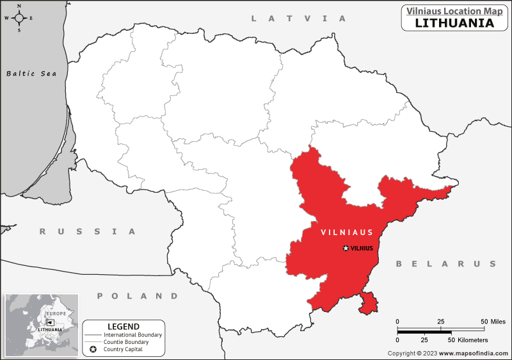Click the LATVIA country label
coord(298,19)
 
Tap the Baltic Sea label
coord(31,74)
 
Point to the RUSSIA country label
coord(88,231)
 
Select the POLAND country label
coord(138,296)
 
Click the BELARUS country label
coord(445,264)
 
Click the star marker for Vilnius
coord(346,248)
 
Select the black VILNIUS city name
coord(362,248)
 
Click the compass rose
coord(19,17)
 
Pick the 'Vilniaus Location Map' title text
coord(451,11)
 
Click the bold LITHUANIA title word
coord(454,23)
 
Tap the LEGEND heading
coord(124,327)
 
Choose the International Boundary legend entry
coord(133,335)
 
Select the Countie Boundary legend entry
coord(129,342)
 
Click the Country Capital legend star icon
coord(93,349)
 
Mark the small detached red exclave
coord(368,302)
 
